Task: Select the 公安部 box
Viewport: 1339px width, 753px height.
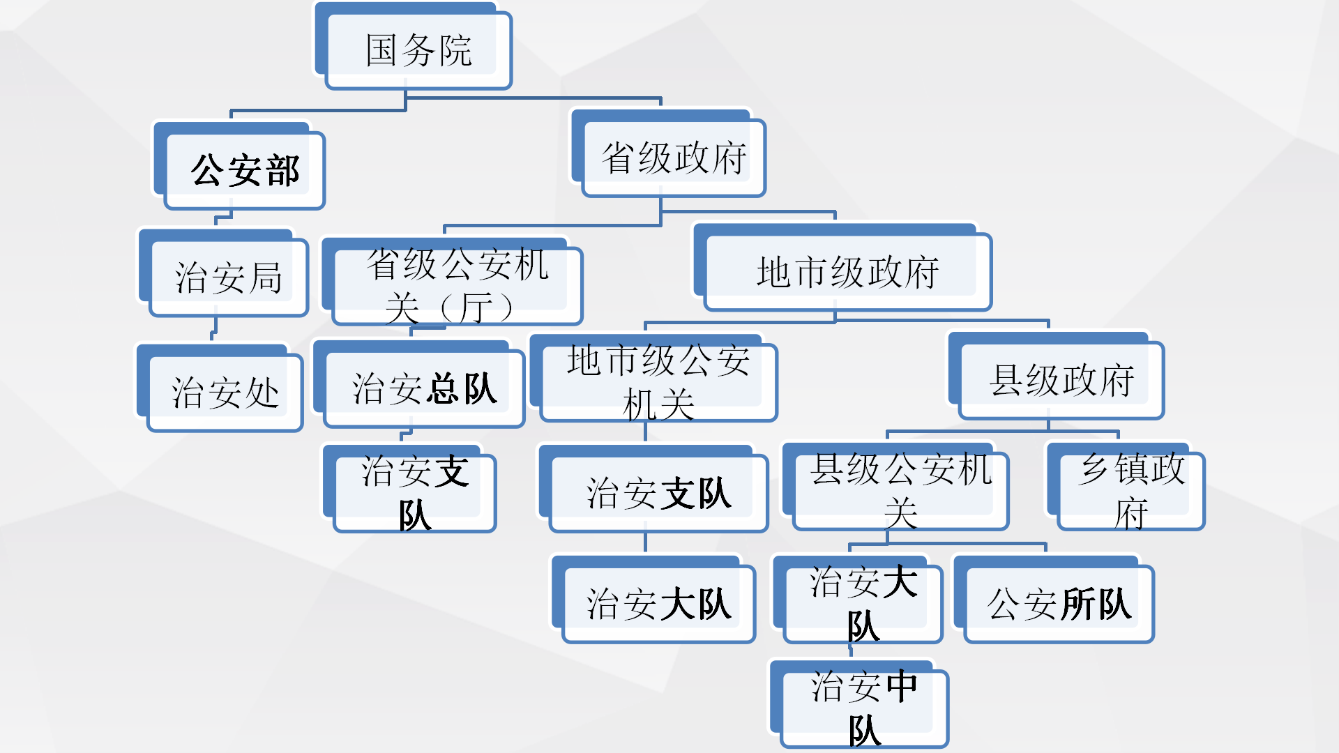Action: click(x=245, y=170)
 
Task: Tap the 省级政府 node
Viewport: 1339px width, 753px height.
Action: click(x=674, y=158)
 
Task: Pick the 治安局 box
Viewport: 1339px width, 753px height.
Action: click(x=228, y=277)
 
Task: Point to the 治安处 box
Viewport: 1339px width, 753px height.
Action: click(x=225, y=392)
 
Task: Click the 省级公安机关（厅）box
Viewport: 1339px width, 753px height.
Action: click(x=457, y=286)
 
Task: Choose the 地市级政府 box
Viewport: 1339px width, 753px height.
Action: click(x=847, y=272)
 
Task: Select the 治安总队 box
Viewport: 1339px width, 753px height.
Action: click(x=424, y=388)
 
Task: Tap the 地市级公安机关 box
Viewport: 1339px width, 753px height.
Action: click(x=658, y=382)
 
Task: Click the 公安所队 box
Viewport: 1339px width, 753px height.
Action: click(x=1059, y=604)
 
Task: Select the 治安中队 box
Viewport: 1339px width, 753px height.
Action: click(x=864, y=708)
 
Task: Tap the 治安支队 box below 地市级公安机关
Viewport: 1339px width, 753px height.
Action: click(x=658, y=493)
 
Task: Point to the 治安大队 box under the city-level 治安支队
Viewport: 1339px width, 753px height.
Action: click(x=658, y=604)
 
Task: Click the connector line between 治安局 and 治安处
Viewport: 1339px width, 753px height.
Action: click(x=214, y=328)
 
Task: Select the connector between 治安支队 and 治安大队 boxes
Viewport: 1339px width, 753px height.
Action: click(x=646, y=542)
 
